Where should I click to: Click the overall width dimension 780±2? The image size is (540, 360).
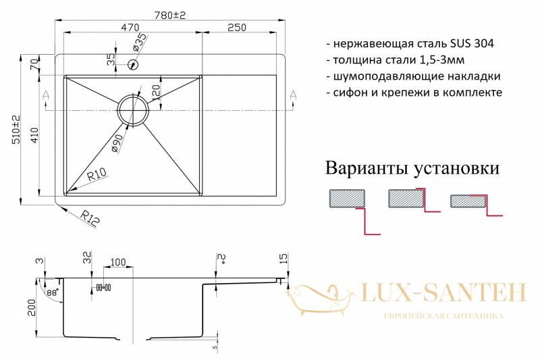click(170, 15)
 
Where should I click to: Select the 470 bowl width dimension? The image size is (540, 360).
click(130, 27)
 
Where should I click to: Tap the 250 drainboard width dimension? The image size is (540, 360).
click(237, 27)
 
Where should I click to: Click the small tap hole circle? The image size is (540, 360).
click(133, 64)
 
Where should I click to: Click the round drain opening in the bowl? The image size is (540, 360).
click(133, 109)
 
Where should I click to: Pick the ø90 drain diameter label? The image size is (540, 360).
click(117, 143)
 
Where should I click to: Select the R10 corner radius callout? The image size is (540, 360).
click(97, 174)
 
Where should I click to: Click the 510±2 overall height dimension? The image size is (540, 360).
click(16, 130)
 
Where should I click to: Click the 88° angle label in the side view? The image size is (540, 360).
click(53, 292)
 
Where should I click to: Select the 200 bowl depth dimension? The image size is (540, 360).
click(32, 307)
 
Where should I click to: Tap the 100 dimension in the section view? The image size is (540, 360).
click(117, 263)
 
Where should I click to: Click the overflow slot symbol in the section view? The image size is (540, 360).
click(104, 287)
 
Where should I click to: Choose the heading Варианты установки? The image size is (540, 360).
click(412, 169)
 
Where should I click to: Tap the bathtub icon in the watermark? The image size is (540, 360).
click(320, 299)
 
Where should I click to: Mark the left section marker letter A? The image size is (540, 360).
click(46, 95)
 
